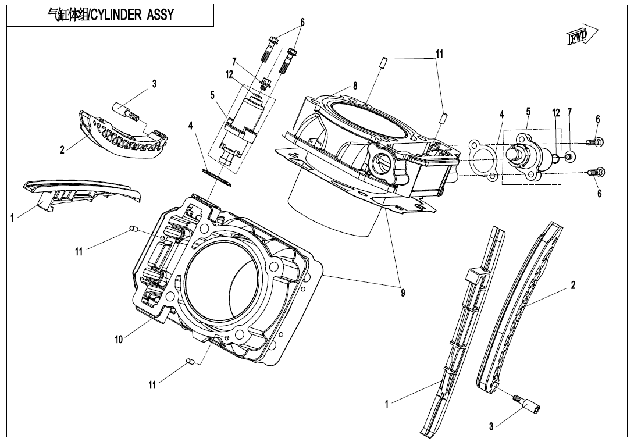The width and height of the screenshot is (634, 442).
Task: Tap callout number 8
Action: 355,86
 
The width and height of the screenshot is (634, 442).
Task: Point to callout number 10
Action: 119,340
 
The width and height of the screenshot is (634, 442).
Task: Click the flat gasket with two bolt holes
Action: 481,158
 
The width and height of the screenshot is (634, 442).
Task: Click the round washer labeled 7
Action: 570,156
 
